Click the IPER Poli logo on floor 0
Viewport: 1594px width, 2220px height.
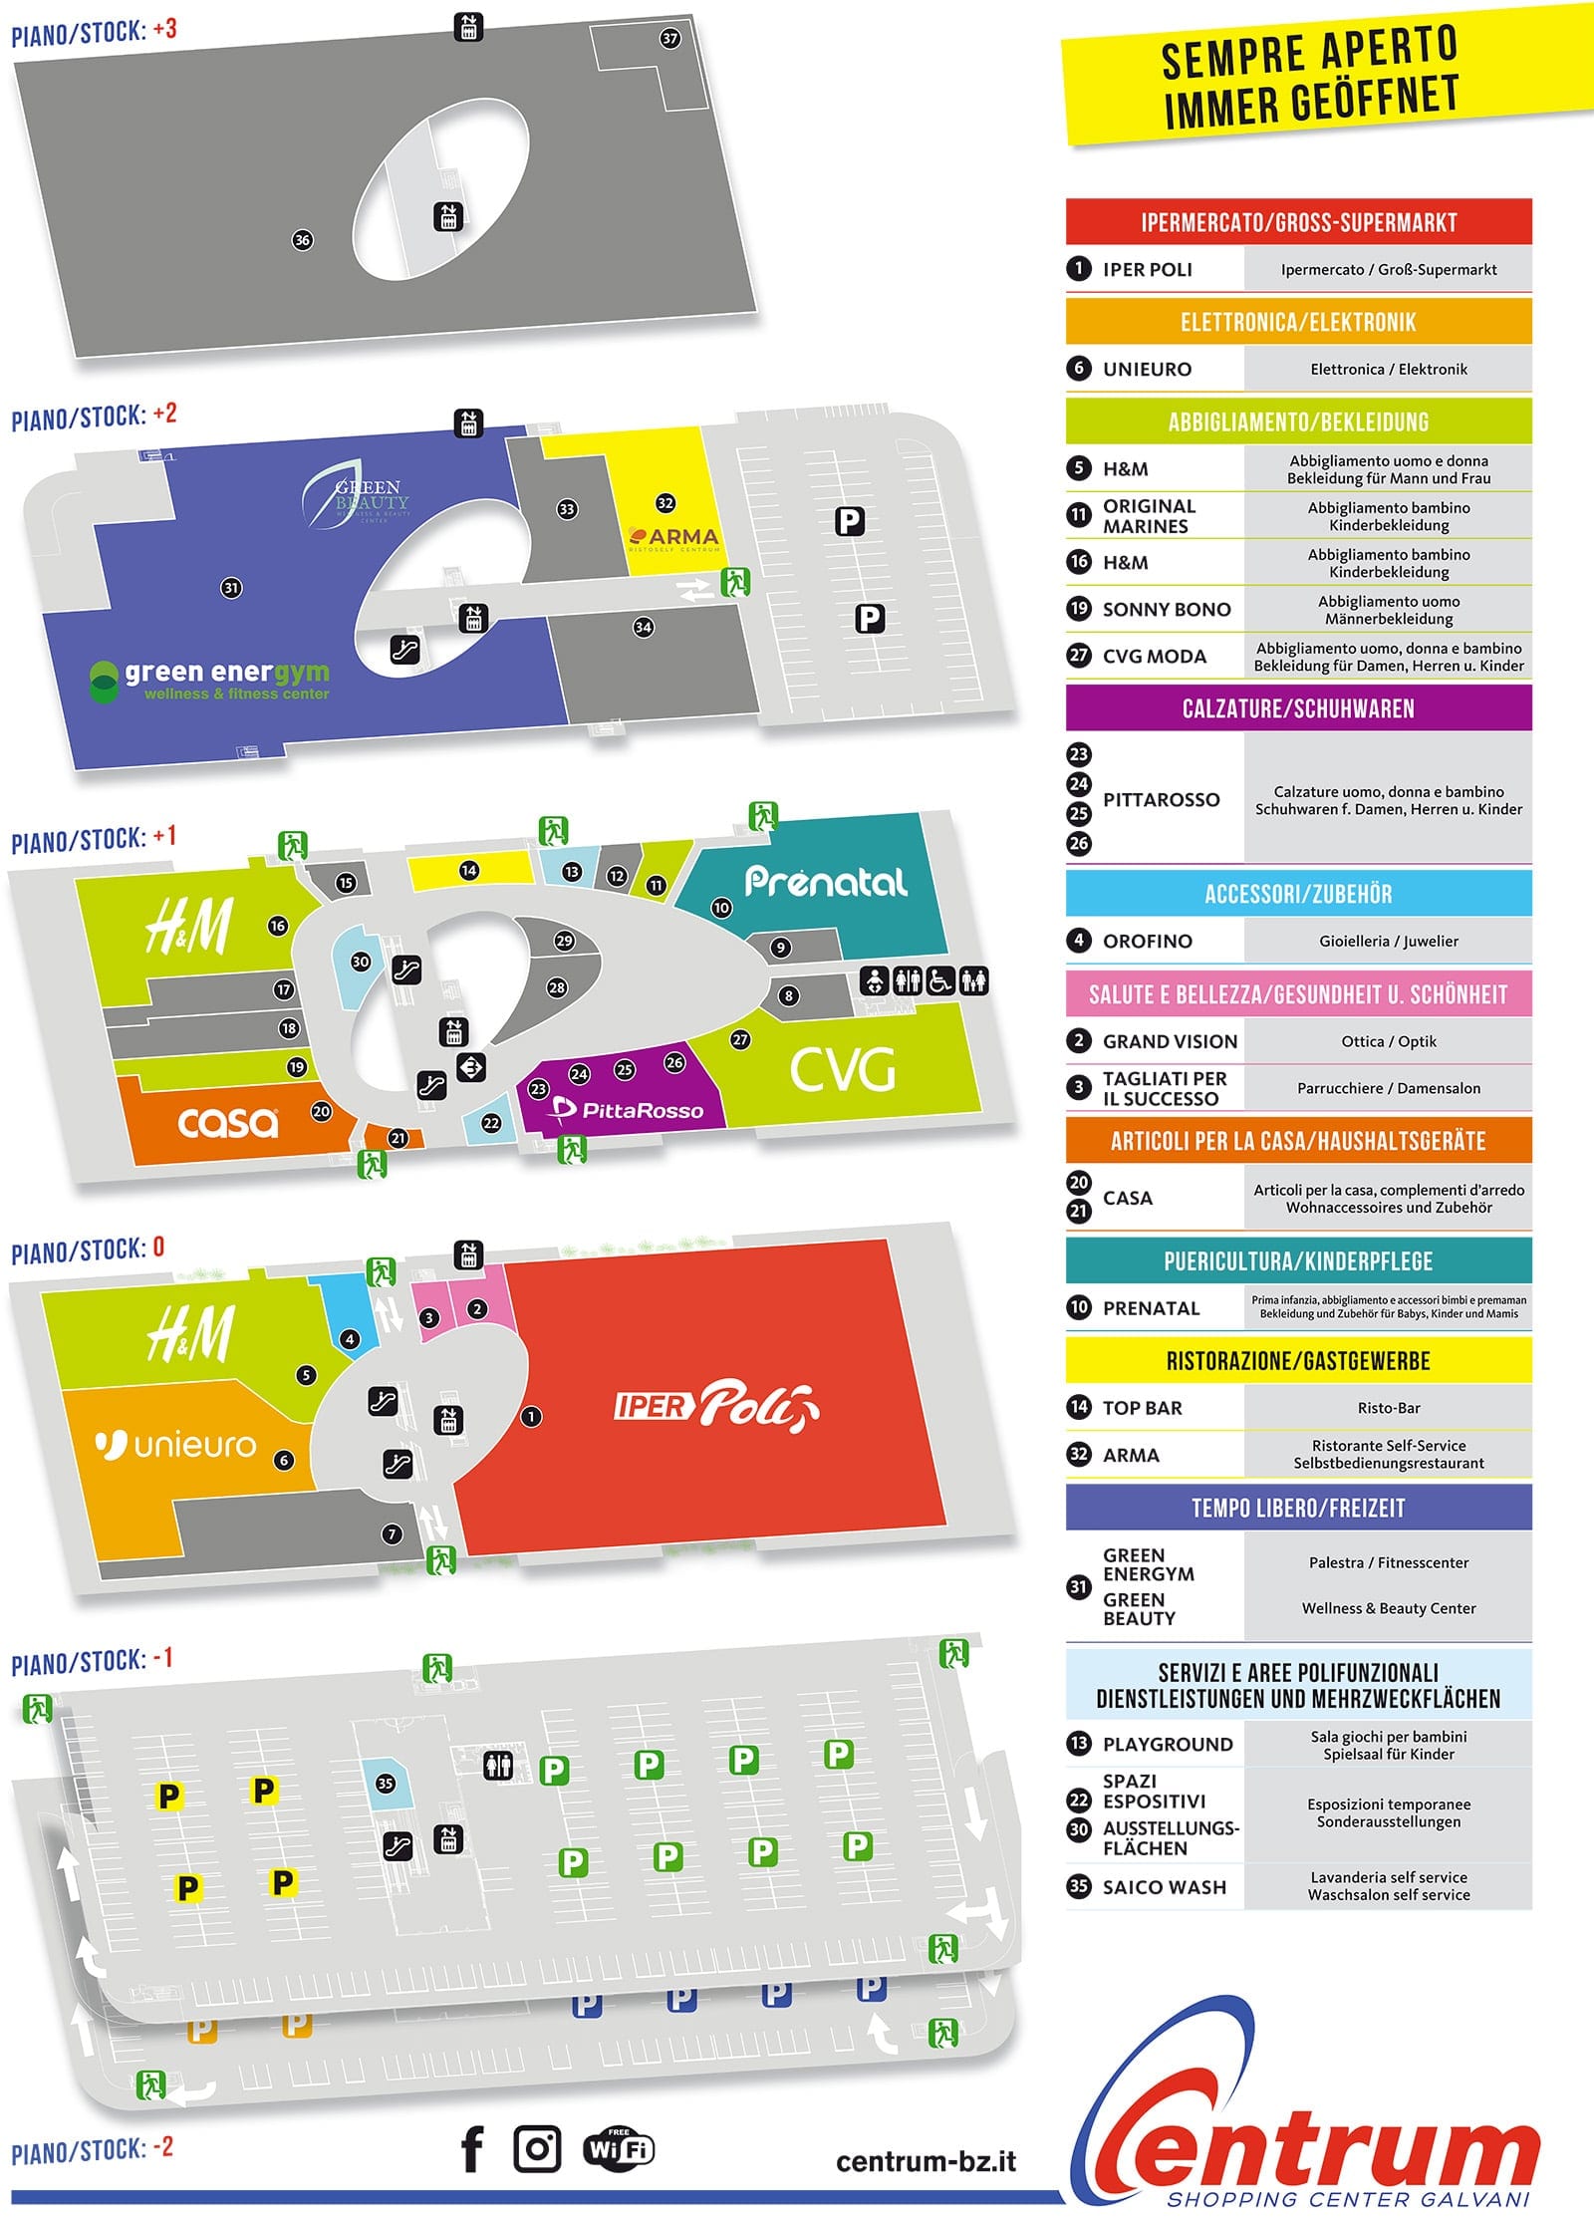[x=716, y=1406]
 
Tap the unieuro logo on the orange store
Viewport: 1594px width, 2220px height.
[x=176, y=1444]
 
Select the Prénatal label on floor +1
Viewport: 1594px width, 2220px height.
[x=826, y=881]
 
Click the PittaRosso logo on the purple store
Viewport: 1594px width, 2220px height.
[x=629, y=1109]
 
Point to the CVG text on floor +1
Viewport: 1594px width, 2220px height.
[x=843, y=1070]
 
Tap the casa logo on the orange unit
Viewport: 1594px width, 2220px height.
[x=228, y=1123]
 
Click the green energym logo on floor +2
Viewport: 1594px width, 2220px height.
[x=209, y=680]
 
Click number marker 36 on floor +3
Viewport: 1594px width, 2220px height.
[x=302, y=239]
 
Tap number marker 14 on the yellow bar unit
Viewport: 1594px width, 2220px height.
[x=468, y=870]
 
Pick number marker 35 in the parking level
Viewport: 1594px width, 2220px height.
[x=386, y=1783]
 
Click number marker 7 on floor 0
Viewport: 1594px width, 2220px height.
[x=392, y=1533]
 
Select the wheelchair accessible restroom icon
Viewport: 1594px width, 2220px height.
[x=939, y=981]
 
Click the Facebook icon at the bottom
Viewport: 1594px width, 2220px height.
[x=472, y=2149]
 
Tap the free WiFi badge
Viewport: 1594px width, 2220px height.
[x=619, y=2149]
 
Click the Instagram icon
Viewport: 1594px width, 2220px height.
[x=537, y=2149]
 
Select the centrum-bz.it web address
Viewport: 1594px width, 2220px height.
[x=926, y=2161]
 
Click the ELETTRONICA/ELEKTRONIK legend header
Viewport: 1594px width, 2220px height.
[x=1298, y=322]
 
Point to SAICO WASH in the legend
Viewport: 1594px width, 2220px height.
[x=1164, y=1886]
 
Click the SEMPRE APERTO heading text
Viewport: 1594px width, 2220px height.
[x=1309, y=52]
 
